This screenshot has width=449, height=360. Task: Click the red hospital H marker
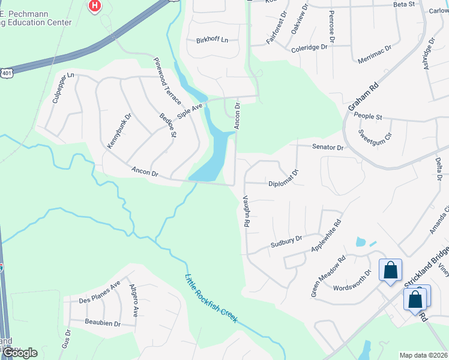click(x=94, y=7)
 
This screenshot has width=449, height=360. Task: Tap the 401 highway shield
click(x=7, y=73)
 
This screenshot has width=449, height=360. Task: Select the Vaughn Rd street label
click(x=246, y=211)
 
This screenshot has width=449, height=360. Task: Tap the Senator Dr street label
click(x=328, y=147)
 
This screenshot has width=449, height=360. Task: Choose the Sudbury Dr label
click(x=286, y=241)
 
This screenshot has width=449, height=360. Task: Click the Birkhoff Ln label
click(x=212, y=40)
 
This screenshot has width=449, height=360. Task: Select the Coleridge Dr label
click(x=310, y=47)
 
